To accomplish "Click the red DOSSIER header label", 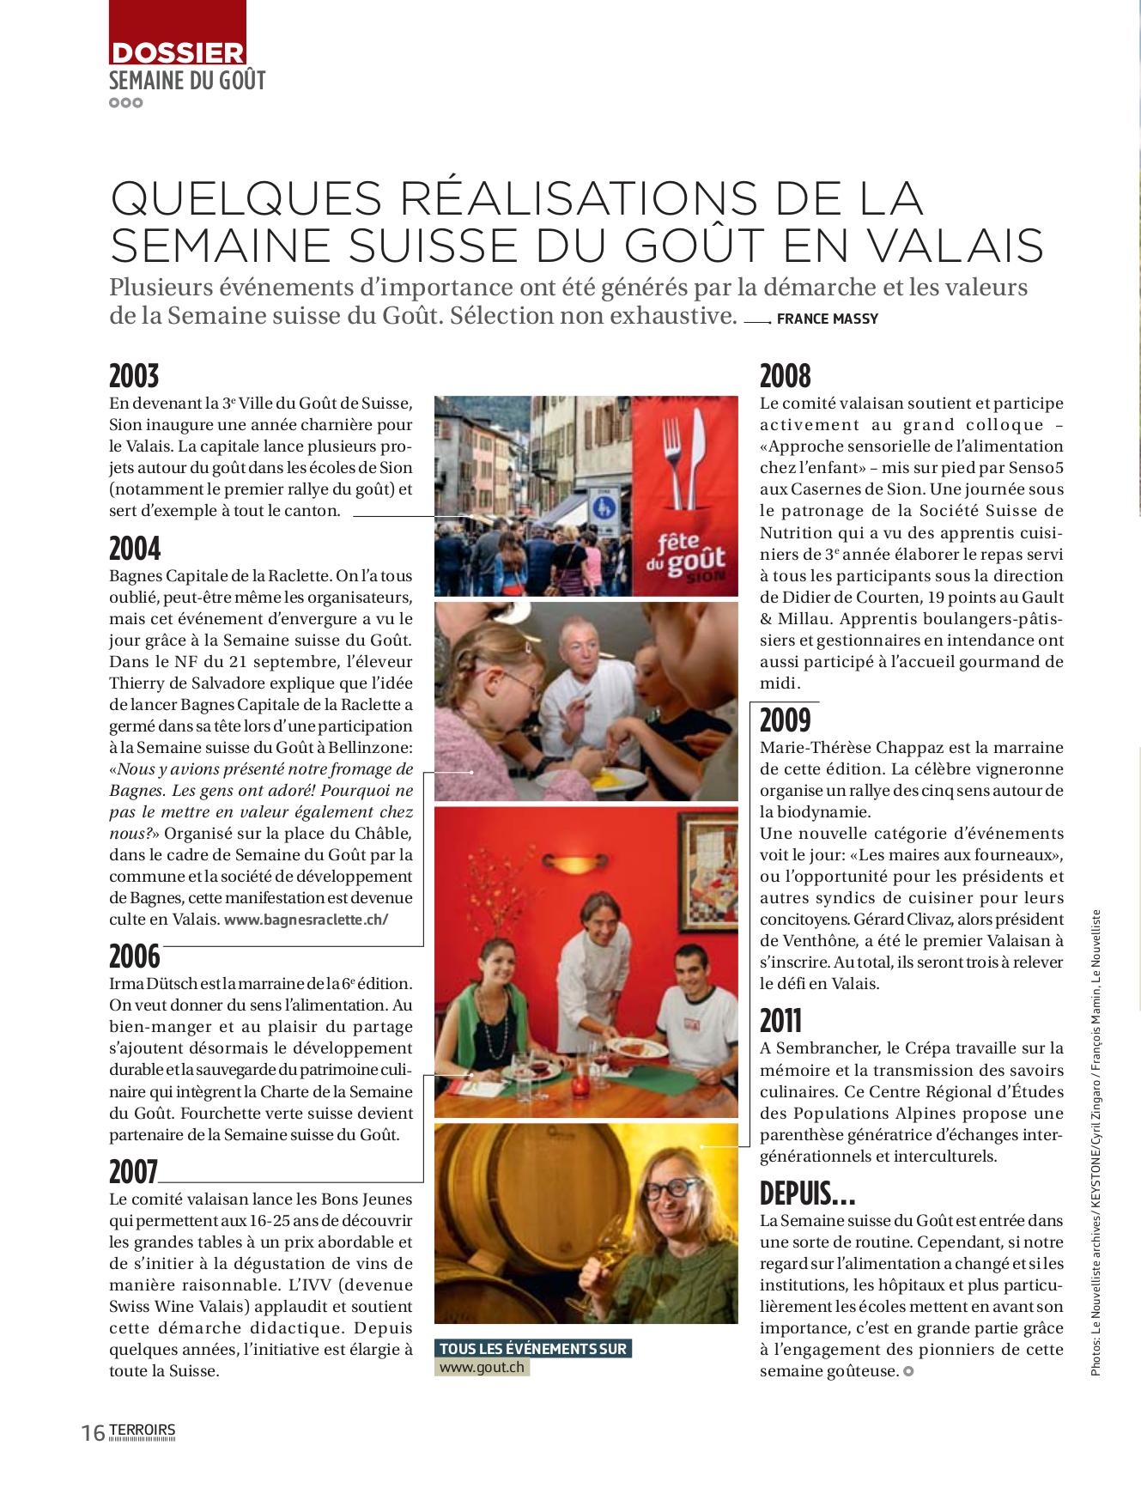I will click(178, 53).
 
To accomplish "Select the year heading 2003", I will click(134, 376).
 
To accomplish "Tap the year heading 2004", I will click(135, 548).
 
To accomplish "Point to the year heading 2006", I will click(135, 955).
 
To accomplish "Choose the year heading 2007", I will click(134, 1171).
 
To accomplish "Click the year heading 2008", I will click(786, 376).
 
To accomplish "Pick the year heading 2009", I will click(785, 719).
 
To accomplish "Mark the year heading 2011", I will click(781, 1020).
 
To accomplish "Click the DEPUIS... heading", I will click(807, 1193).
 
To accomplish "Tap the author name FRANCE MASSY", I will click(827, 319).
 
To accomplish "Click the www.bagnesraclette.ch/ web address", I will click(306, 920).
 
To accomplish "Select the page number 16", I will click(93, 1433).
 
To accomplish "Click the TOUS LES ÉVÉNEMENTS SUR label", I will click(533, 1348).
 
